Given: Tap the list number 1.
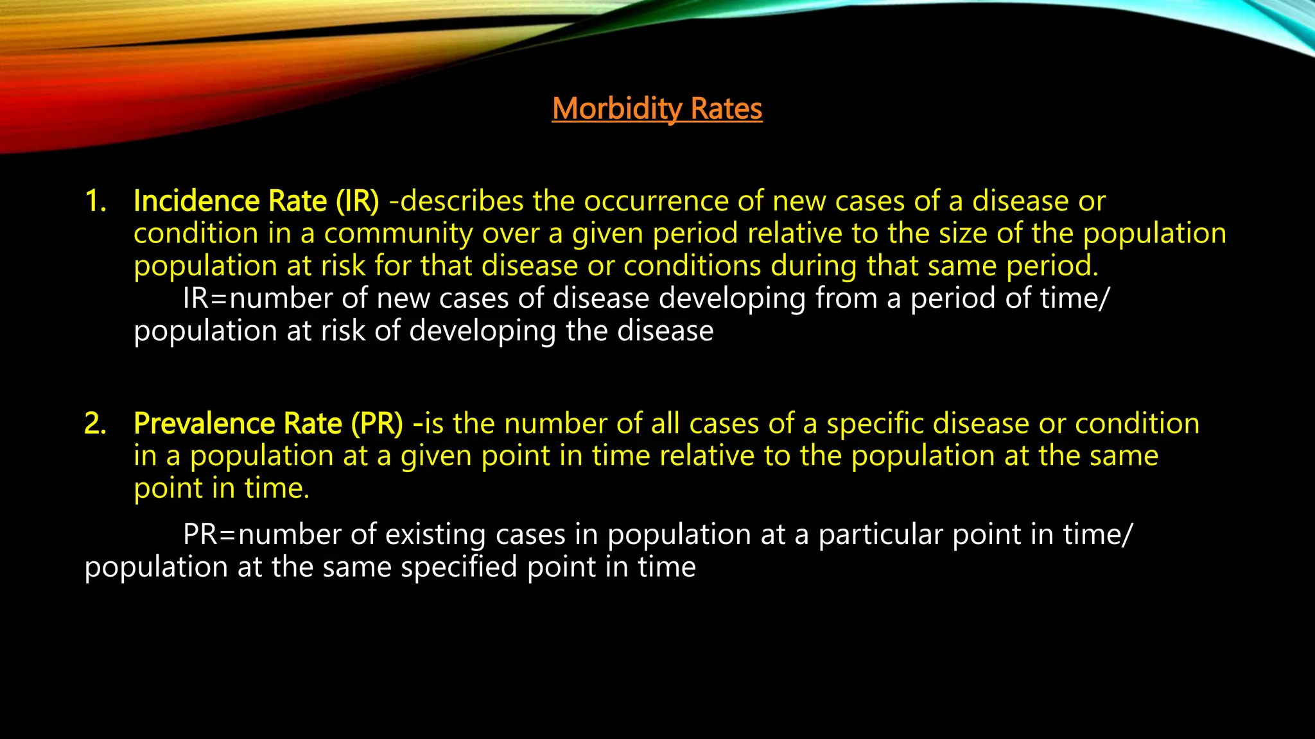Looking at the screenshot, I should coord(96,201).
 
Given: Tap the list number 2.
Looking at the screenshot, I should coord(96,424).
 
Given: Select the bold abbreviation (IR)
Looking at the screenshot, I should coord(357,201).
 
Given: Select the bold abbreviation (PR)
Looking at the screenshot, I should coord(376,424).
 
